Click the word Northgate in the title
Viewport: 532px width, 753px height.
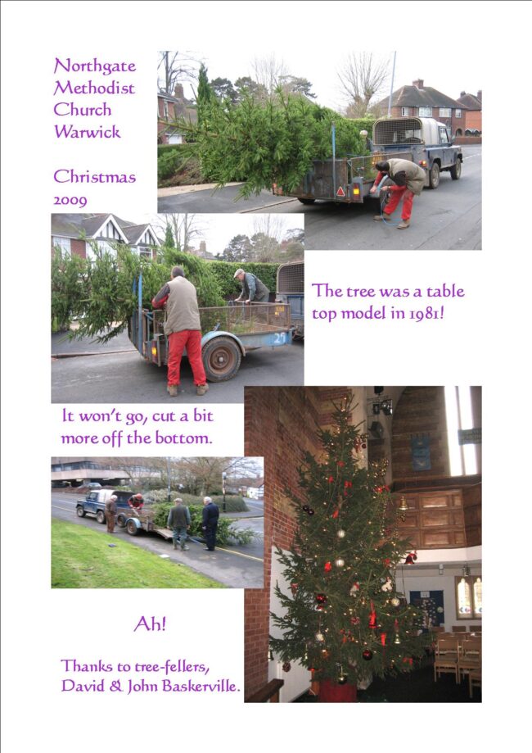94,66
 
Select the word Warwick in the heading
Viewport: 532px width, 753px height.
87,132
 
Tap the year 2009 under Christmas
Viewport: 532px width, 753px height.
70,200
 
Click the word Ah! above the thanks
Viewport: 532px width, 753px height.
150,624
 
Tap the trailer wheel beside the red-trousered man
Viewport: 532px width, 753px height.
221,358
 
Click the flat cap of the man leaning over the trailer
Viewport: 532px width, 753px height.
239,273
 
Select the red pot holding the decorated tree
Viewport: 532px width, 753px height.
337,691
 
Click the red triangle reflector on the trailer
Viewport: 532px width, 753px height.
340,192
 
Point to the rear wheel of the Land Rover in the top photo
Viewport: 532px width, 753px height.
435,175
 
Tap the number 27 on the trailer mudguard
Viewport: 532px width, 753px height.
280,338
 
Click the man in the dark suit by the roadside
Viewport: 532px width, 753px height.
210,524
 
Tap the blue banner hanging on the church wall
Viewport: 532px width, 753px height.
421,453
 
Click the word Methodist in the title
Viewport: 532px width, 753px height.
94,88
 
